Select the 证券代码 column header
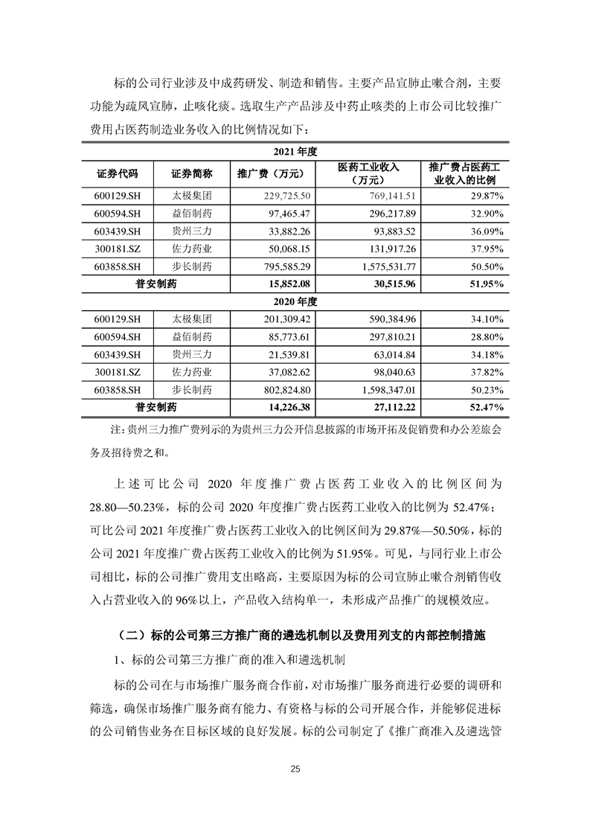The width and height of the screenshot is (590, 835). point(117,175)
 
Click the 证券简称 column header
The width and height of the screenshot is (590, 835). point(191,175)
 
